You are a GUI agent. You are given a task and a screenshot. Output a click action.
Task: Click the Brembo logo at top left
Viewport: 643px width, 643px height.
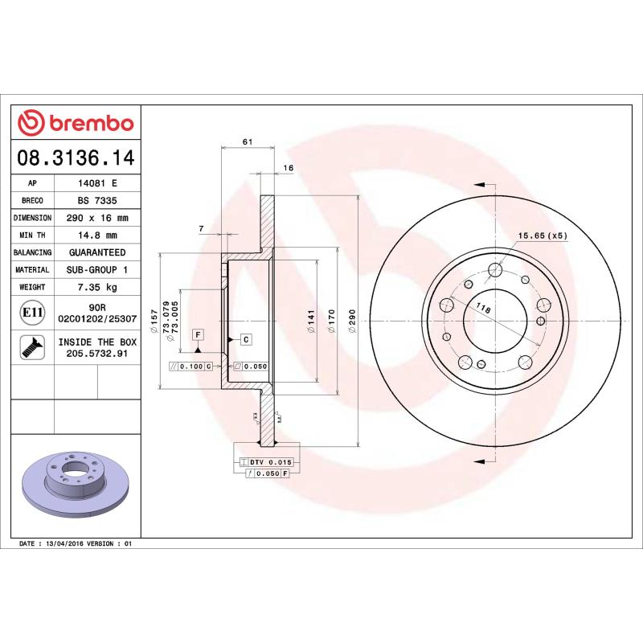coord(76,123)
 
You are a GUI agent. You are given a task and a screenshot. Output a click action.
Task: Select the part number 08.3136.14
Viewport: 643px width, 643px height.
coord(76,157)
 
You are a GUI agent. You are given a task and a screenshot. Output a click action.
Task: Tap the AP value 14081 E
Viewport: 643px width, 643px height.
coord(97,182)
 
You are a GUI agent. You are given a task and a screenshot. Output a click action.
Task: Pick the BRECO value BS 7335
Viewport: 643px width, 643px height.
coord(97,200)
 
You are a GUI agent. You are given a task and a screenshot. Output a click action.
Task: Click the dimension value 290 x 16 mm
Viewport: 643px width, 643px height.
coord(97,218)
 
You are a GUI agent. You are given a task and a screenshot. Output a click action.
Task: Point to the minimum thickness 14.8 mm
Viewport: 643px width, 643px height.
coord(97,235)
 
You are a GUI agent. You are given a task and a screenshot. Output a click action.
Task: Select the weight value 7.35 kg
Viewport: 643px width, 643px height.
coord(97,287)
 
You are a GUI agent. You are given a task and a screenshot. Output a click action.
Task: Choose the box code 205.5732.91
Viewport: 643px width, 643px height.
coord(97,353)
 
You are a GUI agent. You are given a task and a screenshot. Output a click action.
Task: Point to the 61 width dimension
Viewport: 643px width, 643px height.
coord(248,141)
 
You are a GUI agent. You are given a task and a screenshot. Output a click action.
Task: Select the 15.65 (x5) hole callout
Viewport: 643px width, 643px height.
coord(543,235)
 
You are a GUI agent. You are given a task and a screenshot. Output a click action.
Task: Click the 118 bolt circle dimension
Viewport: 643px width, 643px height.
coord(483,309)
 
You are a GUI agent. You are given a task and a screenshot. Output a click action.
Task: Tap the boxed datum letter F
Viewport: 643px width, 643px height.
coord(197,334)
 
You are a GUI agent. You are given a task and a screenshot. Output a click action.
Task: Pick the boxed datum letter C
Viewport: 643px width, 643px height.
coord(246,339)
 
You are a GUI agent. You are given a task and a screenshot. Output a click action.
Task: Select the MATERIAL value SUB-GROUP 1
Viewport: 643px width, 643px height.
coord(97,270)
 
